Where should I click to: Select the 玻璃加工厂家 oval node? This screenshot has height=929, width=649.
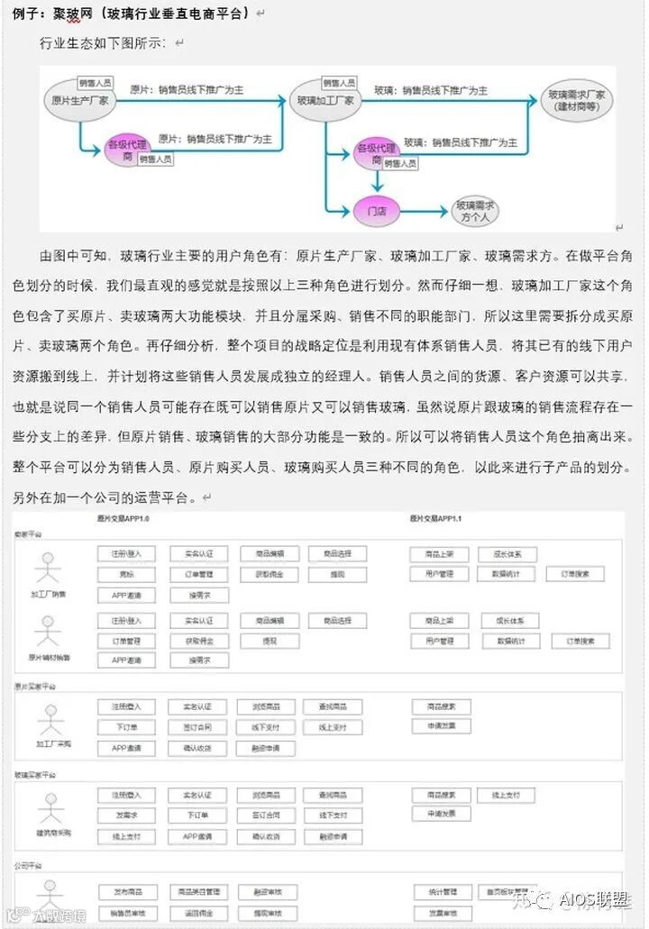324,101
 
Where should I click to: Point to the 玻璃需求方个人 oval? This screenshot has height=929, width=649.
474,211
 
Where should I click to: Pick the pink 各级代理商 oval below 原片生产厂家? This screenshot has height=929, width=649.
125,150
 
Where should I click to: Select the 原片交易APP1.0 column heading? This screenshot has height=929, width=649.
123,520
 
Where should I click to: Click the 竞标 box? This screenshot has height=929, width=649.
126,574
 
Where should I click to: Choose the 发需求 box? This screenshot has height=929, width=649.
126,815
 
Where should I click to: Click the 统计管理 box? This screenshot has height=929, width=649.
443,891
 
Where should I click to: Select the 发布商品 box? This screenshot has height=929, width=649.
126,891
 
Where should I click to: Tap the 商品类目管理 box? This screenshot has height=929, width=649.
199,891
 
